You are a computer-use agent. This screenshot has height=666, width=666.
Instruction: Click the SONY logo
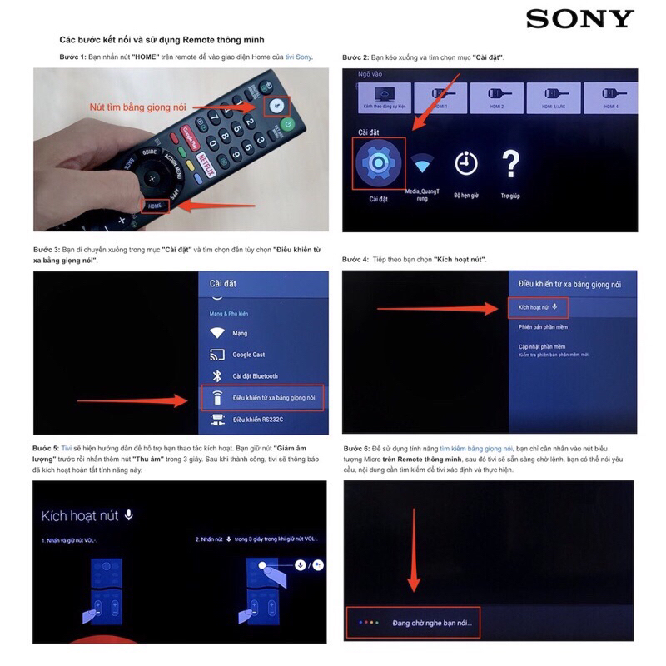580,18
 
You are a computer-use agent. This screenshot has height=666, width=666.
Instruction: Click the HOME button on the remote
154,205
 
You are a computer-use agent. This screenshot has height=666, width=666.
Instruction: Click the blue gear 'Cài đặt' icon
378,163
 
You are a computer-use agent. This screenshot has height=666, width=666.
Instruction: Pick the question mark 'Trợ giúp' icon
510,164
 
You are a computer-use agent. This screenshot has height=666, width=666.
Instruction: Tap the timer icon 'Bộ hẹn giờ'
466,164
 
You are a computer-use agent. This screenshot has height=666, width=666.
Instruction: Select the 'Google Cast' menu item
248,355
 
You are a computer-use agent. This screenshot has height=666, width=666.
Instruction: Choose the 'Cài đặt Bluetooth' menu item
255,376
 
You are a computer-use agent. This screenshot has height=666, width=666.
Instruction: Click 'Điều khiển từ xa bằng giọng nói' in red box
263,398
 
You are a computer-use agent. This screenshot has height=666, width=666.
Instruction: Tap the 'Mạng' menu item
240,333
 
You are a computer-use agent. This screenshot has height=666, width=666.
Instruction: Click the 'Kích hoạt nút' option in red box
537,307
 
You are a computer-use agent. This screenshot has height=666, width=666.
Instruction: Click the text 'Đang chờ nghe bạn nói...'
437,623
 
